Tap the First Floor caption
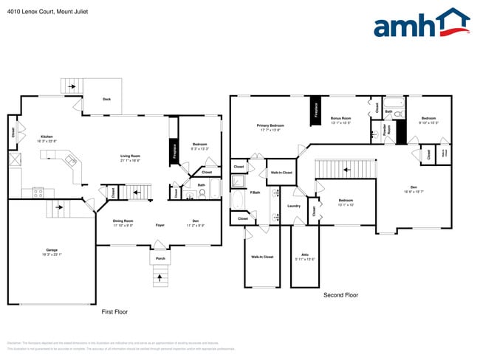point(114,312)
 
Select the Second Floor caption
point(340,295)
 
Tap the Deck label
point(106,99)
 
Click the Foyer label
point(160,224)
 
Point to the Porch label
point(160,259)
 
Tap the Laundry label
point(293,206)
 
